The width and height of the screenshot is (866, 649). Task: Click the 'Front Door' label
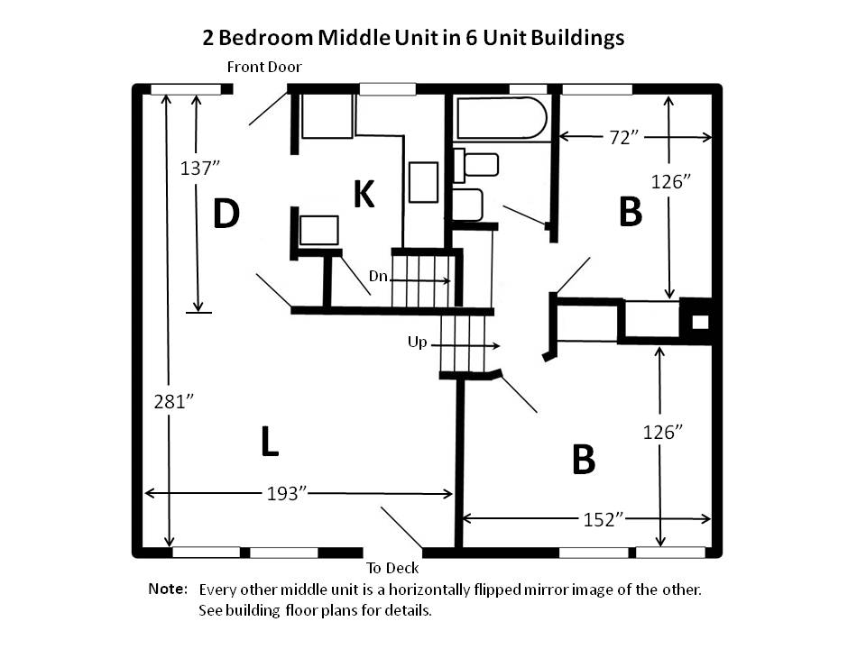click(x=264, y=68)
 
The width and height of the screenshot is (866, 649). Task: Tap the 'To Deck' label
click(x=392, y=568)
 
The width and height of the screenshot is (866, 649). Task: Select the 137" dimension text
click(x=200, y=168)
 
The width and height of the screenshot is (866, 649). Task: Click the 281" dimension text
click(x=174, y=401)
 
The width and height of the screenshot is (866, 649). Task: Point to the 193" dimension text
click(x=287, y=493)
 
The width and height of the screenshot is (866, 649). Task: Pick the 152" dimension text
click(x=603, y=519)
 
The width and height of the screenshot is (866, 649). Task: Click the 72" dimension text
click(x=624, y=137)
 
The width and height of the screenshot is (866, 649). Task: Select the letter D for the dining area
click(x=226, y=214)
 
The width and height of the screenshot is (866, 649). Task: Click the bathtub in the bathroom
click(x=502, y=118)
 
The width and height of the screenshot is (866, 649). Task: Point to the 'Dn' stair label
click(x=378, y=276)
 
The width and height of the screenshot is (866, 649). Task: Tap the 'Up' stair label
click(x=418, y=343)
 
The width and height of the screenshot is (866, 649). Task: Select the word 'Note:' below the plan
click(x=168, y=589)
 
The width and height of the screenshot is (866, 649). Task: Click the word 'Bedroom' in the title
click(x=266, y=38)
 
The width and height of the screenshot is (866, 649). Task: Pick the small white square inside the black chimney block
click(x=700, y=322)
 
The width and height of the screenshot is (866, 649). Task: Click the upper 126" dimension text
click(x=671, y=181)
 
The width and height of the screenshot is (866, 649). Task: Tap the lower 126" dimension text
click(x=663, y=432)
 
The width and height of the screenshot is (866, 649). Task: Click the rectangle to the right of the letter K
click(x=424, y=182)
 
